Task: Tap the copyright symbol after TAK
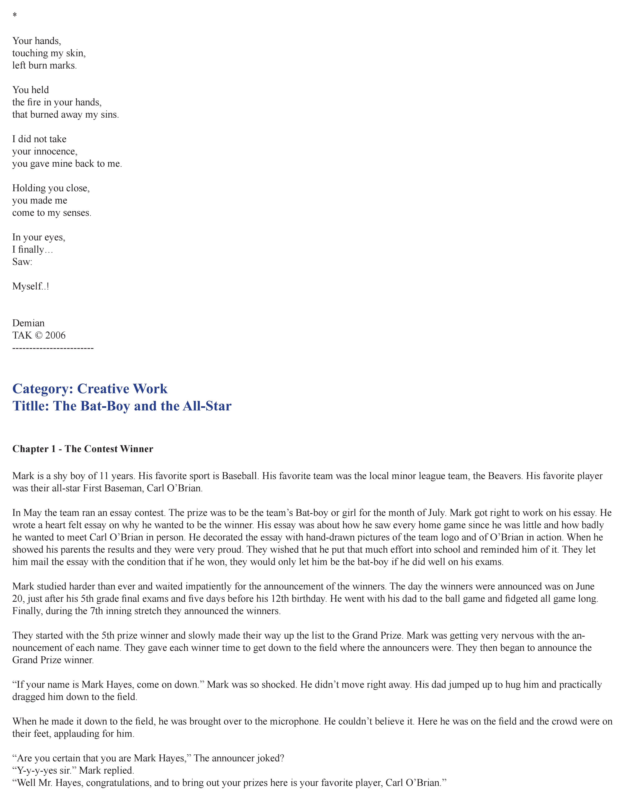39,335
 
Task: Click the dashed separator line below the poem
53,348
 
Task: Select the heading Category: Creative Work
90,389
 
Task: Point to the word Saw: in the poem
22,262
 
